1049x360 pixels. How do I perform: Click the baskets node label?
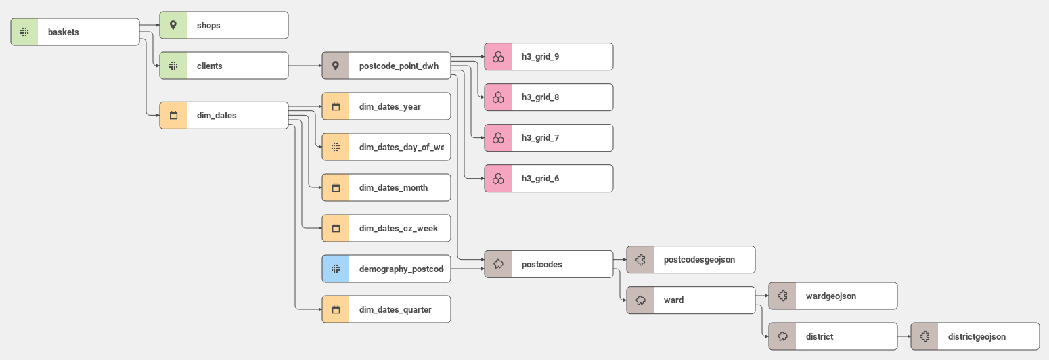point(63,32)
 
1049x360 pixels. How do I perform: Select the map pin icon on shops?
point(173,25)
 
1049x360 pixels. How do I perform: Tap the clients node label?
point(209,66)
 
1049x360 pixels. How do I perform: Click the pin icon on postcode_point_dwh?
point(336,66)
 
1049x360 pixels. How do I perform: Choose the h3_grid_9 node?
point(548,56)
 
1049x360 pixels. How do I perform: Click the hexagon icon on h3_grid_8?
point(498,97)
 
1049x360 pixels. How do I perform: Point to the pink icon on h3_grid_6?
point(498,178)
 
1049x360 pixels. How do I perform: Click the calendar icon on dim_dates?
point(173,115)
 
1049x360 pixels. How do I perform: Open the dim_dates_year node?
point(386,106)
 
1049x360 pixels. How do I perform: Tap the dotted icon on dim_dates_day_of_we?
point(336,147)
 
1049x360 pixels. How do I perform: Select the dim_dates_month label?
point(393,187)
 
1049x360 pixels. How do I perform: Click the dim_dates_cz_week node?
point(386,228)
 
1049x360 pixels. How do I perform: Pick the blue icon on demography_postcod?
point(336,269)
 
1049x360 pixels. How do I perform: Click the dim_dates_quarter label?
point(395,309)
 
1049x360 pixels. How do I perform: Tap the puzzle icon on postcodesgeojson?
point(640,259)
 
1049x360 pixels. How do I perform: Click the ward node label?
point(673,300)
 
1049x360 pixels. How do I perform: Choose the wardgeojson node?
point(832,296)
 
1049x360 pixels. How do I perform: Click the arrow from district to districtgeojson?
point(903,336)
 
